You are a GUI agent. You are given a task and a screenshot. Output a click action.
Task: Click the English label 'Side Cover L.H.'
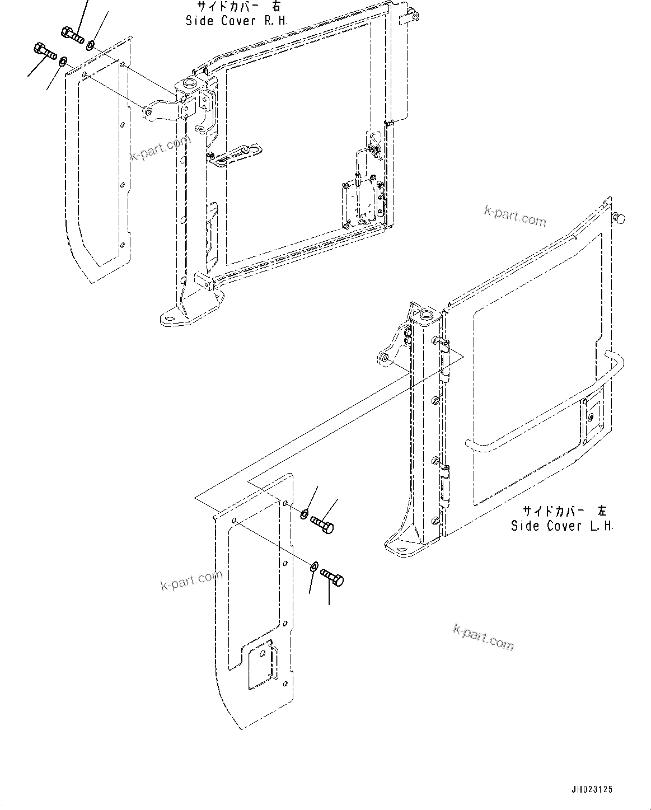[x=562, y=526]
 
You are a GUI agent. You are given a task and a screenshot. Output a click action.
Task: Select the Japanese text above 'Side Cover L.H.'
[x=564, y=511]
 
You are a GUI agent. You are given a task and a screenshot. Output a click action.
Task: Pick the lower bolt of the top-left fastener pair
[x=45, y=51]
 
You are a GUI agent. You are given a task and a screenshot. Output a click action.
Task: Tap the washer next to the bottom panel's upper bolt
[x=304, y=513]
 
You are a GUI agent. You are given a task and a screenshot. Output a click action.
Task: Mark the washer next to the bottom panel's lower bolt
[x=314, y=568]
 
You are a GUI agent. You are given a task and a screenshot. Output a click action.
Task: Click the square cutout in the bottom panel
[x=261, y=667]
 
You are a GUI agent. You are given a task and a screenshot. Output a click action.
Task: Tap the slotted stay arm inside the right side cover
[x=235, y=155]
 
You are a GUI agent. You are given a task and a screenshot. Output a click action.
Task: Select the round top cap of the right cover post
[x=188, y=85]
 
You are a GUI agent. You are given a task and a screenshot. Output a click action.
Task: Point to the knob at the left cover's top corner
[x=619, y=218]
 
